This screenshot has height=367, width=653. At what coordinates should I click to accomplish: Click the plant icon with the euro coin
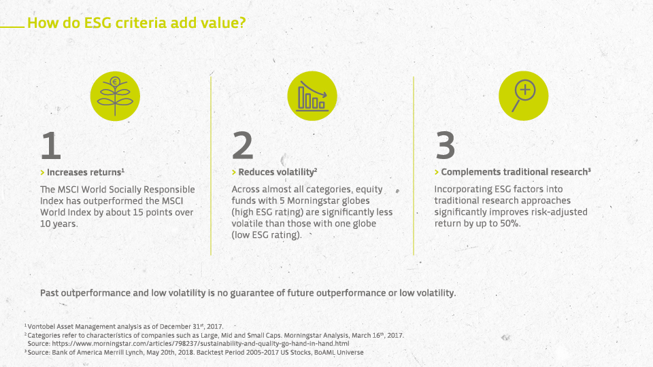click(115, 96)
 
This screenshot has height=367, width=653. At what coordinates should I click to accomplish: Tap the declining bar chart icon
click(312, 96)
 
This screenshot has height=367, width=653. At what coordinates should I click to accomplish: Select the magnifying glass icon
click(524, 96)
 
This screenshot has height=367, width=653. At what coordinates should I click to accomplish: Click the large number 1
click(51, 145)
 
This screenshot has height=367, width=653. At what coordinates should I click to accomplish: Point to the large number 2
click(242, 145)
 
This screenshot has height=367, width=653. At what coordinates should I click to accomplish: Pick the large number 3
click(445, 145)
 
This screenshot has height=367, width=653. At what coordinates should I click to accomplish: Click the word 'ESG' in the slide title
click(98, 23)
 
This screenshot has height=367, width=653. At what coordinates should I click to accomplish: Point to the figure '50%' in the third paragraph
click(509, 224)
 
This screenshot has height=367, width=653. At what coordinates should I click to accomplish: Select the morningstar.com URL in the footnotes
click(201, 344)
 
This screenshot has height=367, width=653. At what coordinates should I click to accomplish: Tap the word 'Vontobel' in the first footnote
click(41, 327)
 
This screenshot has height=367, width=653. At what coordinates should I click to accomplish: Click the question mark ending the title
click(242, 22)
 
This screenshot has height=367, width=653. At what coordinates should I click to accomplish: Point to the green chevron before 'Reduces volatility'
click(234, 172)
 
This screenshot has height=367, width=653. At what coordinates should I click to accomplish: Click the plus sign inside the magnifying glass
click(525, 90)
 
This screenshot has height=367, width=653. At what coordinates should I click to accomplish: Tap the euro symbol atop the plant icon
click(115, 82)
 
